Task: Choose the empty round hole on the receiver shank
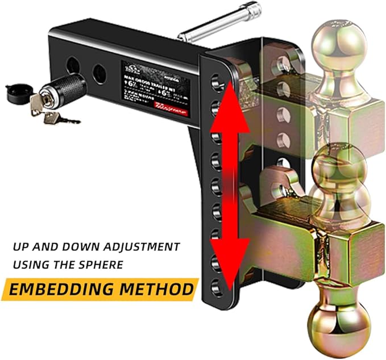[99, 72]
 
